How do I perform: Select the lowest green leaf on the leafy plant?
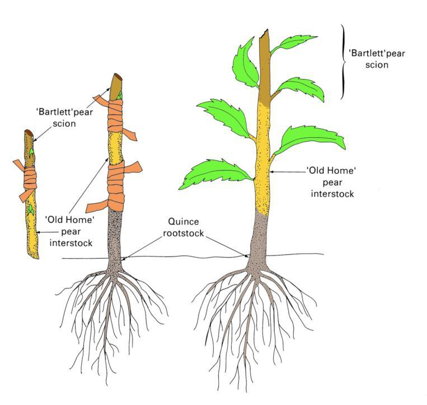tap(215, 174)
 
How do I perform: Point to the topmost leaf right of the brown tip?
tap(297, 43)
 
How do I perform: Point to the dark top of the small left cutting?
tap(29, 134)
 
